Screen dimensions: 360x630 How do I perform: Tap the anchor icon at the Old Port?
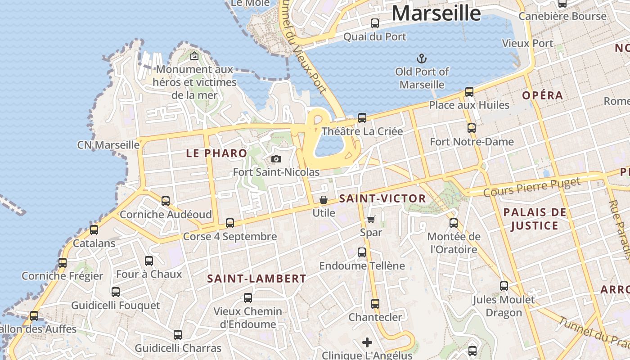click(422, 58)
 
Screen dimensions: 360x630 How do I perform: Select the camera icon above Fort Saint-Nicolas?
click(276, 159)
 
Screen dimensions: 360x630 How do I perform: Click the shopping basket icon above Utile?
click(324, 199)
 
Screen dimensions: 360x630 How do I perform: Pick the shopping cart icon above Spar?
click(371, 219)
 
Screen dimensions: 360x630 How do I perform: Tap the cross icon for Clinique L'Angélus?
click(367, 342)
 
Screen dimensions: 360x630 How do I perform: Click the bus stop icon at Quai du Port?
click(374, 23)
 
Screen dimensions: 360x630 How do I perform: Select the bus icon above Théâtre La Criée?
click(362, 118)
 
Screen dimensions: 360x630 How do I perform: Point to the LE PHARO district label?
click(216, 153)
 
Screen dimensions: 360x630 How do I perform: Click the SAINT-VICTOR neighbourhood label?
click(382, 198)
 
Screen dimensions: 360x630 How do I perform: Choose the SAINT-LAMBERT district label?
click(256, 279)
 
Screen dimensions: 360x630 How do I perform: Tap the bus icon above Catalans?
click(94, 230)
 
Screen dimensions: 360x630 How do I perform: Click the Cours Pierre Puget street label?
click(532, 186)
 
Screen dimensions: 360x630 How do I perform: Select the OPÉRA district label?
click(543, 95)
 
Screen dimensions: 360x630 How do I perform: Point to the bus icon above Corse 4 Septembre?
click(230, 223)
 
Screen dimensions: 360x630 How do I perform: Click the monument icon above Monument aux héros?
click(194, 56)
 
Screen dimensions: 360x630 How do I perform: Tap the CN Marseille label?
click(108, 145)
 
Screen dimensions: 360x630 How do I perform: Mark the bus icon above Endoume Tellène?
click(362, 252)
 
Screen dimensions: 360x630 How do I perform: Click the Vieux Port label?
click(527, 43)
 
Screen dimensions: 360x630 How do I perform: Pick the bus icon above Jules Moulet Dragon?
click(504, 286)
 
